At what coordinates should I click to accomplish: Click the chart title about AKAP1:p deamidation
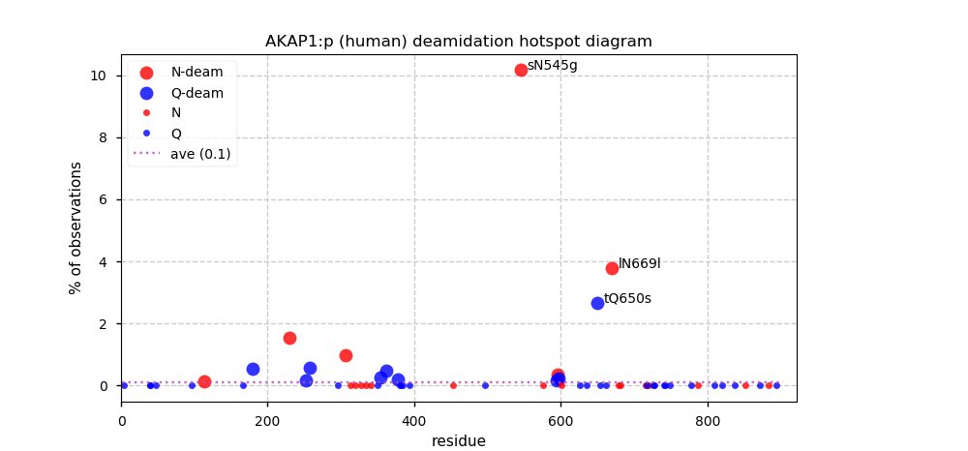click(458, 42)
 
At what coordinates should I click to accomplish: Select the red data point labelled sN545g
click(521, 70)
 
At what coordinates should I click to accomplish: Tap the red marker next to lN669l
click(612, 268)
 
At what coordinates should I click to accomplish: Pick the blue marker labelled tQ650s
click(597, 303)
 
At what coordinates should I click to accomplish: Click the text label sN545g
click(552, 66)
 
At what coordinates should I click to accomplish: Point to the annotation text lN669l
click(639, 263)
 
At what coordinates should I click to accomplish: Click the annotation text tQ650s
click(627, 298)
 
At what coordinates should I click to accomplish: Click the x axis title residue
click(458, 440)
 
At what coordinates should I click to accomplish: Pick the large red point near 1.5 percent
click(289, 338)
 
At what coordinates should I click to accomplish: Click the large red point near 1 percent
click(346, 355)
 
